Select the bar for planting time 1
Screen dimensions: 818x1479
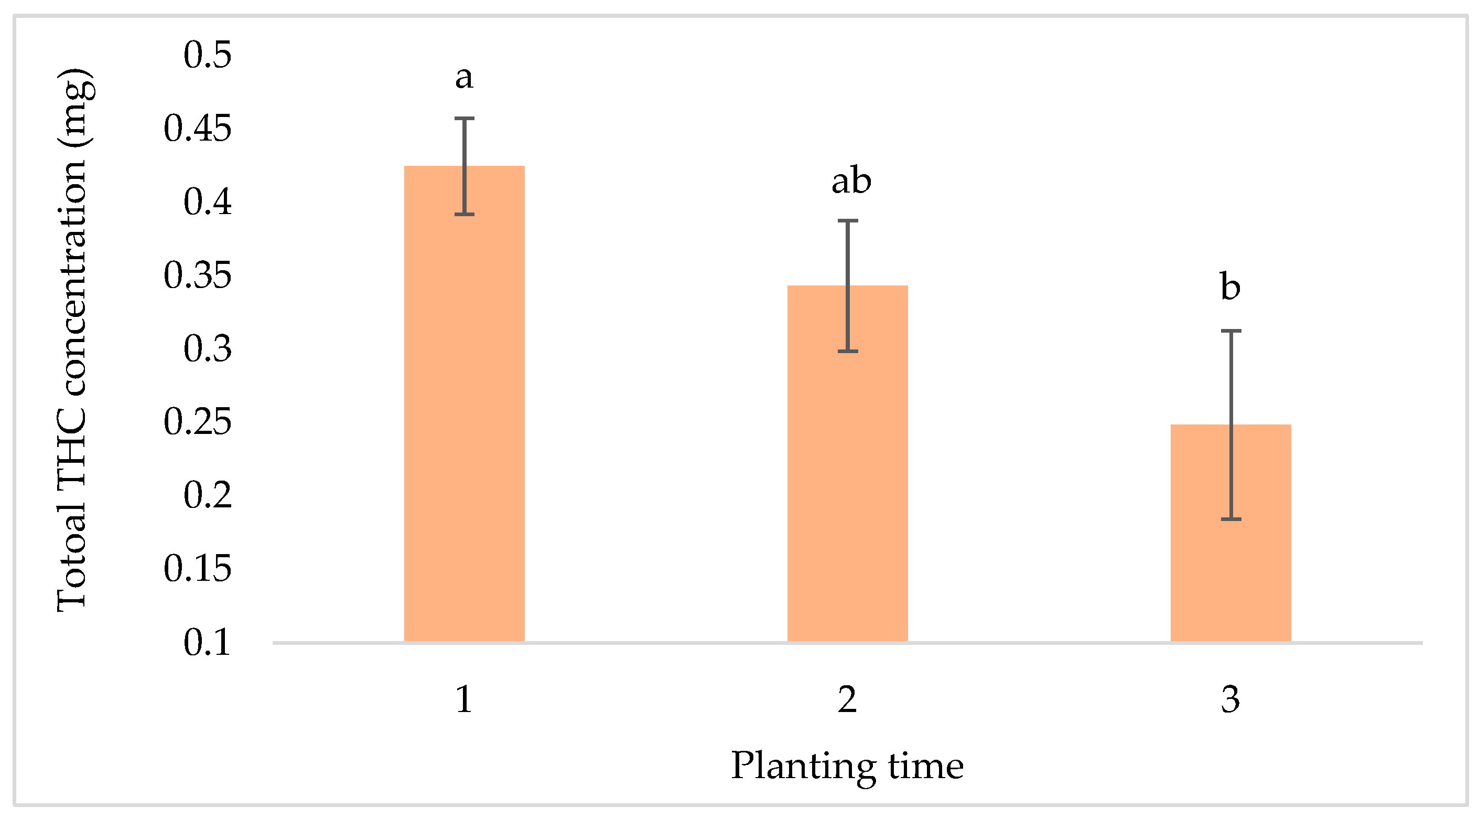tap(464, 402)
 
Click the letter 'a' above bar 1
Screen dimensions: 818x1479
tap(464, 78)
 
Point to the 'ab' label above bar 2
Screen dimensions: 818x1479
tap(851, 181)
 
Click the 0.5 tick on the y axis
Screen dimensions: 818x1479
tap(207, 55)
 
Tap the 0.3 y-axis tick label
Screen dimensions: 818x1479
tap(207, 349)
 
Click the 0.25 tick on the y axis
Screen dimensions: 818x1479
tap(198, 422)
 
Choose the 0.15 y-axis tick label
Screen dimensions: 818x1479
tap(198, 569)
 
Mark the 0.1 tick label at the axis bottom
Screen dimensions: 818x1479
tap(207, 642)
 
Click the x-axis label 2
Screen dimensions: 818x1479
tap(847, 699)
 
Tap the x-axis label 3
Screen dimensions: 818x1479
tap(1230, 699)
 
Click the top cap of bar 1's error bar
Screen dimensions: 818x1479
tap(464, 119)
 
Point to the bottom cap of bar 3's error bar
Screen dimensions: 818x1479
tap(1231, 519)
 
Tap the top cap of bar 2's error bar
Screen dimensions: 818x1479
tap(847, 220)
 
